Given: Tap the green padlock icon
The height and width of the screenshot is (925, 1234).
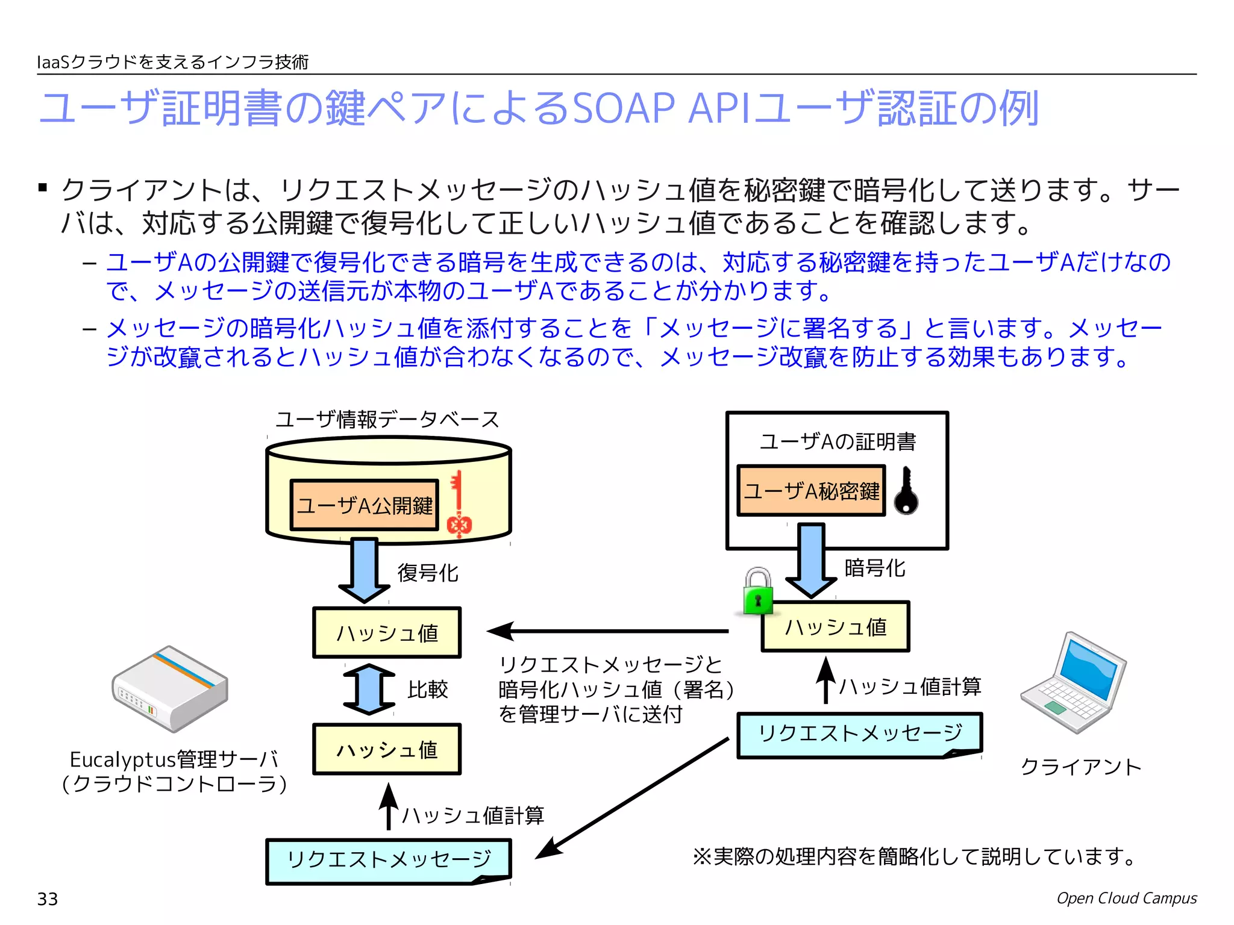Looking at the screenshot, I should (758, 592).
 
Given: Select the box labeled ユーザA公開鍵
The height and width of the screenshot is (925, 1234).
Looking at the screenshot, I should (365, 505).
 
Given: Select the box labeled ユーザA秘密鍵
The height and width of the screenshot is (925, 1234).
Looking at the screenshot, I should (811, 491).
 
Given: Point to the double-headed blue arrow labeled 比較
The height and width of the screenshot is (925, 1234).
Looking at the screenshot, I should (369, 689).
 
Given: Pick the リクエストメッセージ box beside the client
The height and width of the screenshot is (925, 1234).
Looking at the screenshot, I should (859, 734).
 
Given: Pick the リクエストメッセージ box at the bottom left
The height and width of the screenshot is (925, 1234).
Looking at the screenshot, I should (388, 860).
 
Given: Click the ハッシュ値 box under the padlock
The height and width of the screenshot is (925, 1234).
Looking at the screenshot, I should (835, 627).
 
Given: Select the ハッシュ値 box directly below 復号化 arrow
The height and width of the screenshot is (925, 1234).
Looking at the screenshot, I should (387, 632).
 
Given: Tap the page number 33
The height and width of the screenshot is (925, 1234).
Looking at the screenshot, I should (48, 899).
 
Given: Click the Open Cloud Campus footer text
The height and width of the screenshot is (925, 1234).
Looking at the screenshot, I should (1126, 898).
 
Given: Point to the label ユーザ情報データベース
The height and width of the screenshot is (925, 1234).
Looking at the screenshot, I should (387, 419).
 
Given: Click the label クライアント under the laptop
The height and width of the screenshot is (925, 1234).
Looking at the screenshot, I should (1081, 767).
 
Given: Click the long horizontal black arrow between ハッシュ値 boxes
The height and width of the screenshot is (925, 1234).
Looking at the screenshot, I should (609, 631).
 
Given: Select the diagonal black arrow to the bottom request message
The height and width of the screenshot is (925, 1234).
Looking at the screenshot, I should (633, 797).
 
